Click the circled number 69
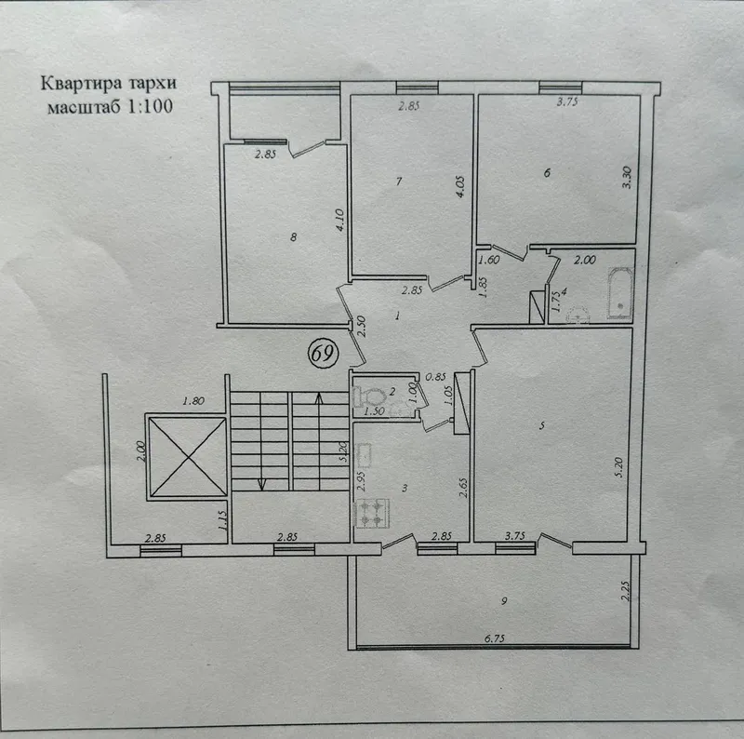point(324,354)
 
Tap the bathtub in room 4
point(620,293)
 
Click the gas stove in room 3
point(372,514)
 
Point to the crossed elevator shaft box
point(188,456)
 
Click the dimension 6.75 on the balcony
point(495,638)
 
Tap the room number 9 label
point(504,601)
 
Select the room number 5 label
point(542,426)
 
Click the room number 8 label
point(293,236)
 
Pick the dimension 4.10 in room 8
point(339,220)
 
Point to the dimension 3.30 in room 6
point(627,178)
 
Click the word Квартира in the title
point(81,83)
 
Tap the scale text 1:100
point(150,106)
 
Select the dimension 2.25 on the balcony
point(626,591)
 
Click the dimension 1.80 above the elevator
point(193,401)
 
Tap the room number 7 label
point(399,181)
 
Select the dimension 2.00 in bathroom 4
point(585,260)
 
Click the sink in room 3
point(365,454)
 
